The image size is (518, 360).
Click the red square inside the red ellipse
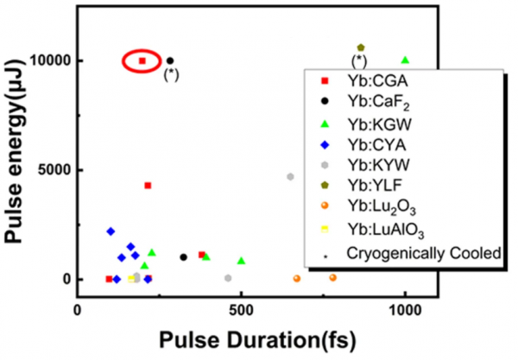click(x=142, y=60)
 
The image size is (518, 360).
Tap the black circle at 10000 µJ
click(x=170, y=60)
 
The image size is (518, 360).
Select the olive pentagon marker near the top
click(x=360, y=47)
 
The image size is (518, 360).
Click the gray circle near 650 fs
click(x=291, y=177)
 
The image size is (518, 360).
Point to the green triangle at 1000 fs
click(x=405, y=60)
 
